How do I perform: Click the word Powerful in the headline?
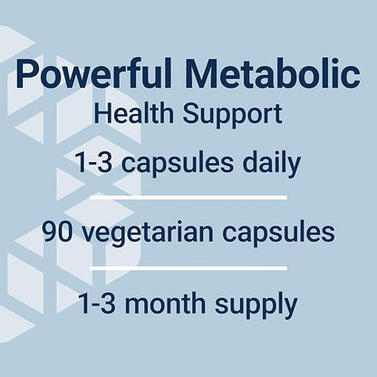[100, 77]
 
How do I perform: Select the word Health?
[145, 115]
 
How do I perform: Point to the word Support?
[235, 117]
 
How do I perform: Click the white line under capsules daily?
[188, 197]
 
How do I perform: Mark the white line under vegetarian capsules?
[188, 267]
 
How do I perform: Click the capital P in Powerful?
[29, 75]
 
